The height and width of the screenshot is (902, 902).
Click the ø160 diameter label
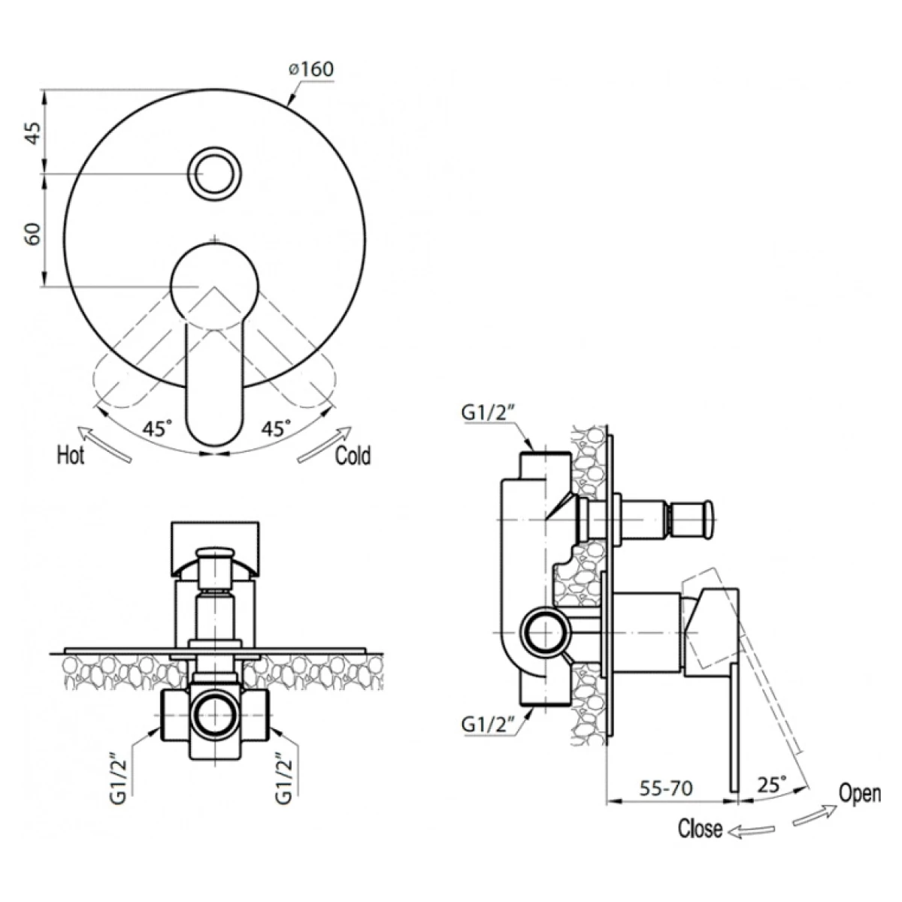click(x=311, y=70)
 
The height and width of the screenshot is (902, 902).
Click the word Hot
click(x=71, y=456)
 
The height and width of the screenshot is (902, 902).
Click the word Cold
click(x=353, y=456)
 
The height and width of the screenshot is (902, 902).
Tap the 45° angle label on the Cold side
click(x=276, y=428)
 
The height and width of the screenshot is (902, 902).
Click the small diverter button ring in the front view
click(x=215, y=172)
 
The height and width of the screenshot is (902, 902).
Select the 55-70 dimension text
click(x=667, y=788)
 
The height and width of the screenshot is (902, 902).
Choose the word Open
click(x=860, y=794)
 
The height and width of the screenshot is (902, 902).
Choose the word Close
click(x=701, y=828)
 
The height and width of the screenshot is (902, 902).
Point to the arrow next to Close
click(x=752, y=830)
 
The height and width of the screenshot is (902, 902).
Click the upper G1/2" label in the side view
click(x=489, y=413)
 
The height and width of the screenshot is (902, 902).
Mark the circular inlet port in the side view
click(x=544, y=633)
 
